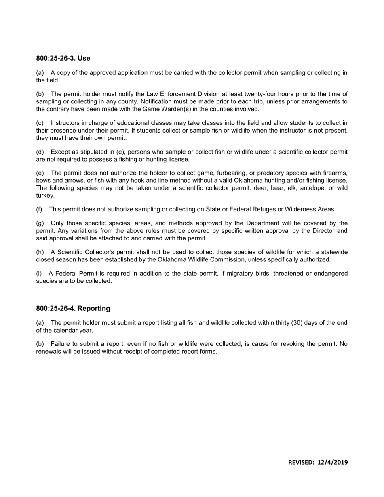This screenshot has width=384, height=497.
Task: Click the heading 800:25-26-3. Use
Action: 63,59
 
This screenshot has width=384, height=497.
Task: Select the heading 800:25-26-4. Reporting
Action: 73,309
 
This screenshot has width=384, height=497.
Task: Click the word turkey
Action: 45,196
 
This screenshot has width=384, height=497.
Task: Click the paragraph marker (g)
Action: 40,223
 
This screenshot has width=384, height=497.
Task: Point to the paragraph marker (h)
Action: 40,253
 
